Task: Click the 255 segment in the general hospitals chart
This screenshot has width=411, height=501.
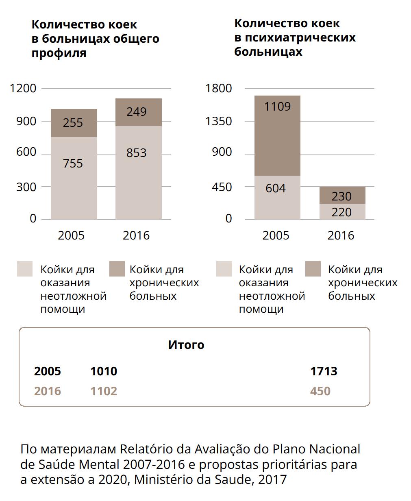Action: pyautogui.click(x=74, y=123)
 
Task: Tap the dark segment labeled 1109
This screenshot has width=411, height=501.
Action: pyautogui.click(x=277, y=135)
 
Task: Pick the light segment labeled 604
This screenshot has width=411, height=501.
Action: pyautogui.click(x=277, y=197)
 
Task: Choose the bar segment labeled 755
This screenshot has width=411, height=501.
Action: pyautogui.click(x=74, y=178)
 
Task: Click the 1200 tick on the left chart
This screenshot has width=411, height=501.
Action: pyautogui.click(x=23, y=88)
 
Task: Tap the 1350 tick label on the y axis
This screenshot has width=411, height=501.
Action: pyautogui.click(x=219, y=121)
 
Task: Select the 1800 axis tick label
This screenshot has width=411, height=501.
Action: pyautogui.click(x=219, y=88)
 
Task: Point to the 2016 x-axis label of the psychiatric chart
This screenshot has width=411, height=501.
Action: pyautogui.click(x=341, y=235)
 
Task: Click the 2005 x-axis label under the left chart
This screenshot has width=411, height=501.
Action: pyautogui.click(x=71, y=235)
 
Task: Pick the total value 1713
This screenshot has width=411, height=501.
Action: pyautogui.click(x=324, y=371)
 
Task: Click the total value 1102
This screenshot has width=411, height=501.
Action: pyautogui.click(x=104, y=391)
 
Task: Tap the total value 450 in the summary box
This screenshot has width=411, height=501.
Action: pyautogui.click(x=320, y=391)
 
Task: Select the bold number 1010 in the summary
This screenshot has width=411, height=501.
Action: pyautogui.click(x=104, y=371)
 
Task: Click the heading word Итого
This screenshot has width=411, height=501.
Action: pyautogui.click(x=186, y=345)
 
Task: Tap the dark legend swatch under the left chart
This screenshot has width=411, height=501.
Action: pyautogui.click(x=117, y=269)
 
